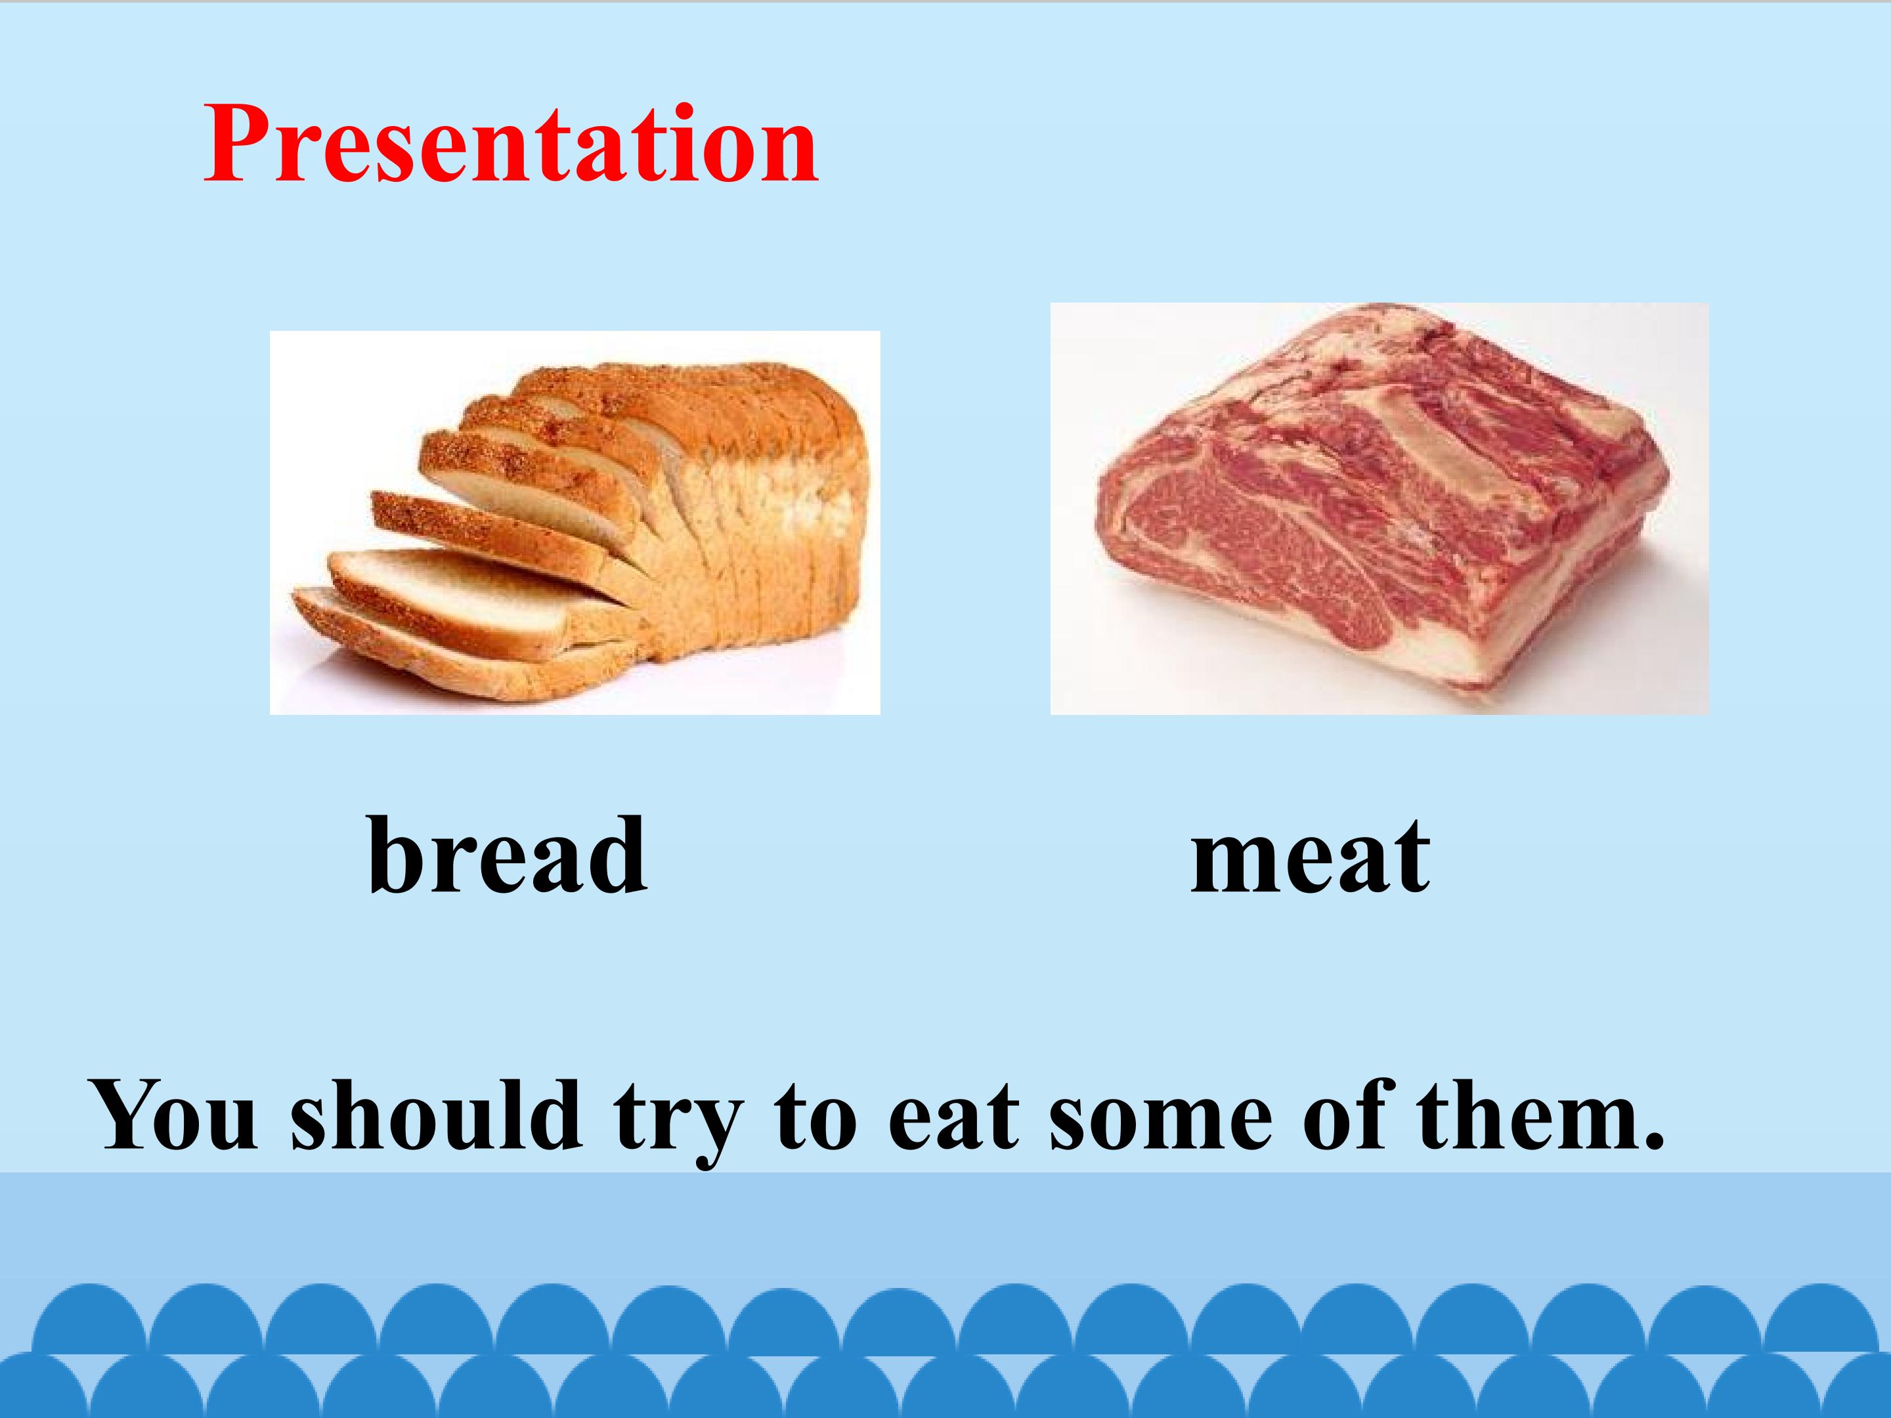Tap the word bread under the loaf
click(506, 855)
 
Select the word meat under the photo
click(1310, 855)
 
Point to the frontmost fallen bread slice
click(427, 641)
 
